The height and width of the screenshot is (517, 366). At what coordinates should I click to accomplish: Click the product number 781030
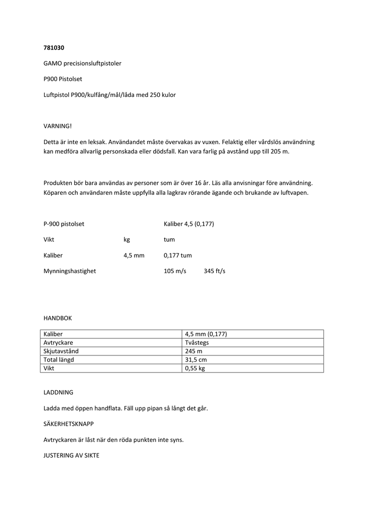[x=54, y=47]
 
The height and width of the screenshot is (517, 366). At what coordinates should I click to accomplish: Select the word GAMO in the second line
[x=53, y=63]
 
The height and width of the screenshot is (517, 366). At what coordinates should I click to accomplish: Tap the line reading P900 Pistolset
[x=63, y=79]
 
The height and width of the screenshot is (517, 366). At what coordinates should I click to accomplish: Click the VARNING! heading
[x=58, y=126]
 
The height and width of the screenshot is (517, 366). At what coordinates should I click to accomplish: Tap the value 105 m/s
[x=175, y=271]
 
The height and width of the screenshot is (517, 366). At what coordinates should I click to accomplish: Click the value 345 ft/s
[x=214, y=271]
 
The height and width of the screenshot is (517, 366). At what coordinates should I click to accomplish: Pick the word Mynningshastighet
[x=70, y=271]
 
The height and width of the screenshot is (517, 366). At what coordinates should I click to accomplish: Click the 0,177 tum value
[x=177, y=255]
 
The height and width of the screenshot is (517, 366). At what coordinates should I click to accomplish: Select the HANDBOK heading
[x=58, y=318]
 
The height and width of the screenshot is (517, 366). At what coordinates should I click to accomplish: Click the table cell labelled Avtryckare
[x=59, y=342]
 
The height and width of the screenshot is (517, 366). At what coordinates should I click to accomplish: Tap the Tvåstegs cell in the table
[x=197, y=342]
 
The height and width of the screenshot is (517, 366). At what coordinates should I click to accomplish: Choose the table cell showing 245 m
[x=193, y=351]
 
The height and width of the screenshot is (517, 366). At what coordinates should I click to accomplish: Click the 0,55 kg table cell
[x=195, y=368]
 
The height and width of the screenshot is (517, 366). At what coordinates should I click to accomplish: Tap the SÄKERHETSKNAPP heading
[x=68, y=424]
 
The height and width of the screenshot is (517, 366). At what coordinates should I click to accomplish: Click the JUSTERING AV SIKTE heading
[x=71, y=455]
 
